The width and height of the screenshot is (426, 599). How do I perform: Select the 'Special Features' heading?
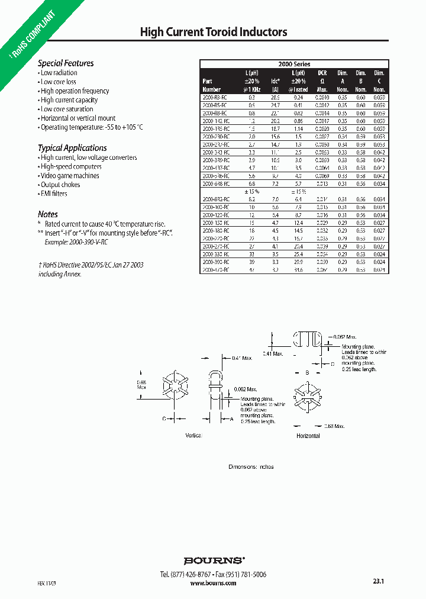click(x=66, y=63)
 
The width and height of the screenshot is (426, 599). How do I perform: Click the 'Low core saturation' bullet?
click(x=67, y=109)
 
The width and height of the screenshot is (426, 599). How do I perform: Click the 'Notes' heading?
click(x=48, y=214)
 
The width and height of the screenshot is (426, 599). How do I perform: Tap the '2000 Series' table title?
click(x=294, y=64)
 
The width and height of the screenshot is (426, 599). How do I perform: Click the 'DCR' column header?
click(x=322, y=72)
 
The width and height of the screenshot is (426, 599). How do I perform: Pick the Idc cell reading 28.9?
click(x=275, y=96)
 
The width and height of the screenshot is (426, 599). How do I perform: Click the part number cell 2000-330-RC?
click(x=215, y=253)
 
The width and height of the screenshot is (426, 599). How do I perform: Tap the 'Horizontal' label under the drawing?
click(x=308, y=436)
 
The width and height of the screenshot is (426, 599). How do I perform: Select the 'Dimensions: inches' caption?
click(x=251, y=466)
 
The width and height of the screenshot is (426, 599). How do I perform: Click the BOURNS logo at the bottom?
click(x=214, y=560)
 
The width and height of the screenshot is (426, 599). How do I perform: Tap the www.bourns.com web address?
click(x=214, y=583)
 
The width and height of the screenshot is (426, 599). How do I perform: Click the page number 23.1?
click(x=379, y=582)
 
